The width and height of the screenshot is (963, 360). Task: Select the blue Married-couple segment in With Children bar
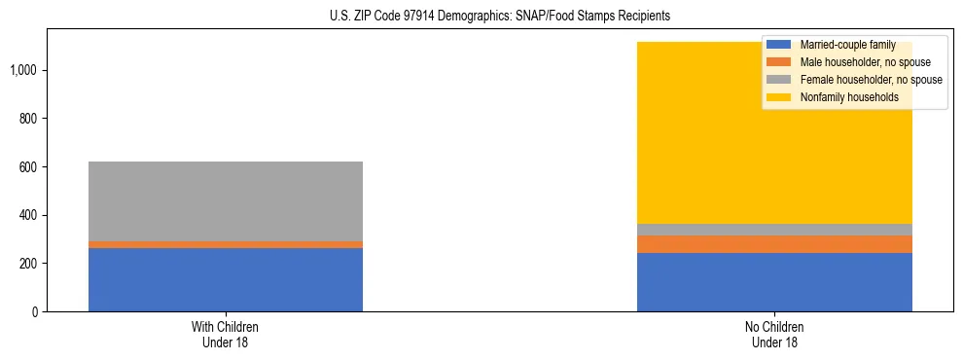click(226, 280)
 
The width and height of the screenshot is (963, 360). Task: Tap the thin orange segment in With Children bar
click(226, 244)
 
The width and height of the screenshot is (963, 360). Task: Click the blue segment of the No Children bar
click(774, 282)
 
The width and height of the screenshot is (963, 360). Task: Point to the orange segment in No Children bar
click(774, 244)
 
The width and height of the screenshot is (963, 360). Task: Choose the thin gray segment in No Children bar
click(774, 230)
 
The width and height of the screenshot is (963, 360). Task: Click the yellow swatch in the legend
click(778, 97)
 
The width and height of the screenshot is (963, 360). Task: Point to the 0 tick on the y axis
click(34, 312)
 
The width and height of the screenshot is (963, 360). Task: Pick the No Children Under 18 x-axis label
click(774, 335)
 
